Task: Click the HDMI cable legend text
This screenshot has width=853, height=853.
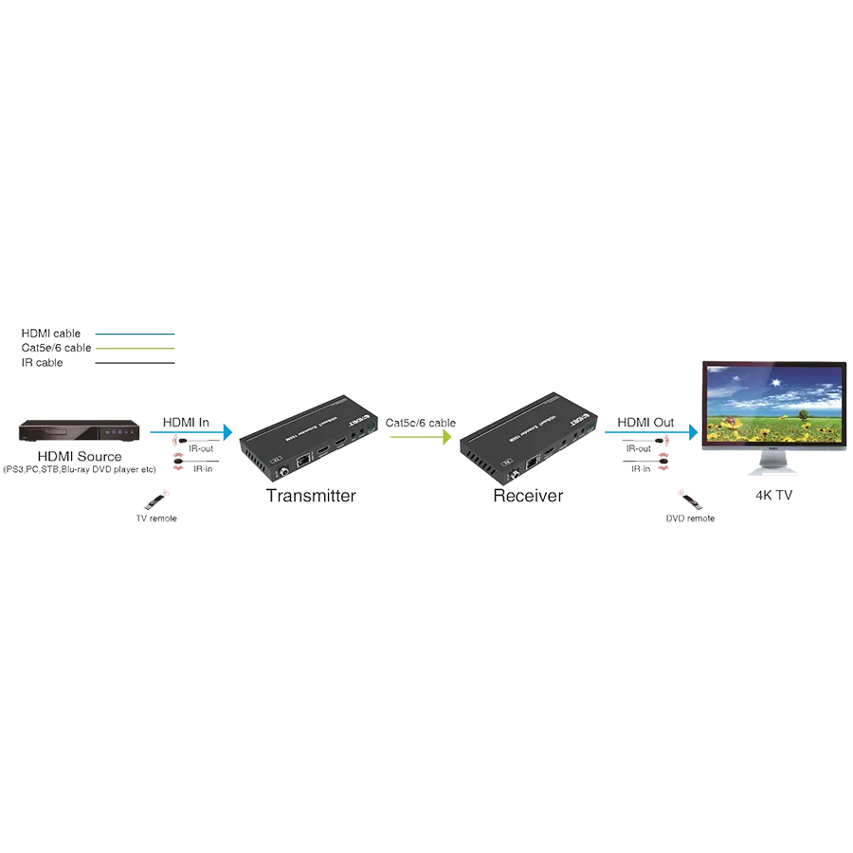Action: (51, 334)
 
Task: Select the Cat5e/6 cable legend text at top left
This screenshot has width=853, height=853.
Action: (56, 348)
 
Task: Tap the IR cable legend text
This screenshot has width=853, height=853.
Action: (43, 362)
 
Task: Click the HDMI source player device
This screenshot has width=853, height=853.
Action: (81, 432)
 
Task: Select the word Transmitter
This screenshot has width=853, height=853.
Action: (311, 497)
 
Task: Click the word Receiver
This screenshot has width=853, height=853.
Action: (527, 497)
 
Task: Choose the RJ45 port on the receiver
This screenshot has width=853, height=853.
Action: (535, 461)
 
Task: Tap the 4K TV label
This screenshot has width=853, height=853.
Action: (771, 495)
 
